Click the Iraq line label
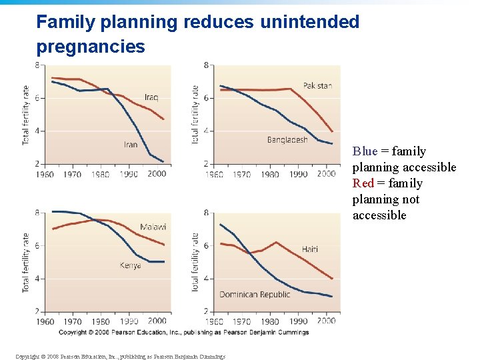(x=151, y=97)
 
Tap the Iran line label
(x=131, y=145)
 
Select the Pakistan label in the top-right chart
(x=317, y=86)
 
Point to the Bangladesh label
(x=287, y=140)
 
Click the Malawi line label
(x=153, y=227)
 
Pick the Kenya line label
(x=131, y=265)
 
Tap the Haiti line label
(x=309, y=249)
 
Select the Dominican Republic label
(x=255, y=294)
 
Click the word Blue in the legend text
(x=365, y=151)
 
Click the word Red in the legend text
(x=363, y=183)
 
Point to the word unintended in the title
(x=310, y=22)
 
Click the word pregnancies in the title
(x=91, y=47)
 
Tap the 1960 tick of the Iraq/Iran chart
(x=45, y=174)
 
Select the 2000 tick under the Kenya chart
(x=157, y=321)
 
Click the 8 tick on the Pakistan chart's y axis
(x=207, y=65)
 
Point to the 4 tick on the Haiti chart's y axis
(x=207, y=279)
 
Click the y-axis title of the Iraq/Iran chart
(x=26, y=115)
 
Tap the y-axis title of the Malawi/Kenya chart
(x=26, y=262)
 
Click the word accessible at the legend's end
(x=379, y=215)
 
